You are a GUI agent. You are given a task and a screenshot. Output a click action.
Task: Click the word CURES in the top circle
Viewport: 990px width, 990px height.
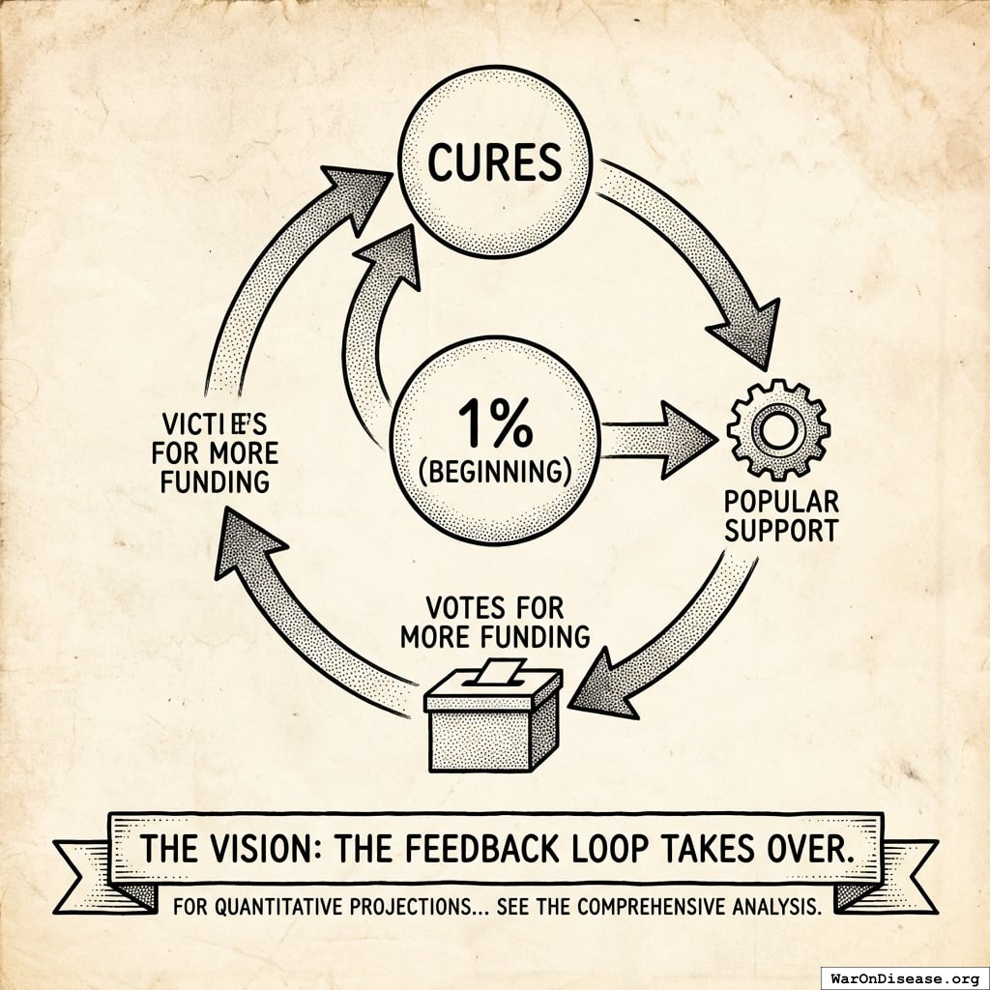494,161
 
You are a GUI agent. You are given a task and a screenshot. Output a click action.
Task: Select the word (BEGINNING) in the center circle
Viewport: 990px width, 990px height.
493,472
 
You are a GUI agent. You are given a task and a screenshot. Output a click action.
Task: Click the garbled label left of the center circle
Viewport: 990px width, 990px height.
215,452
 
